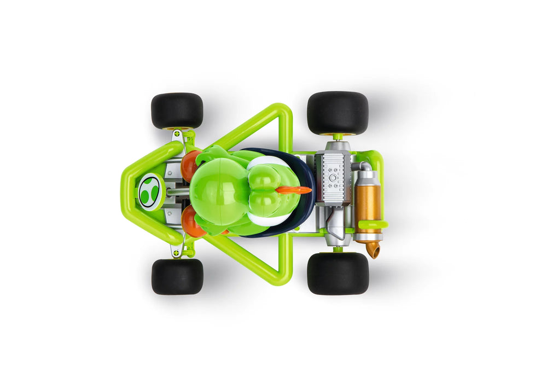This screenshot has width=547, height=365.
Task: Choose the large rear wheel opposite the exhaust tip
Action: click(x=337, y=112)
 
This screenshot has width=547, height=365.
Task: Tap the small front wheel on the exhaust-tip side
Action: click(x=177, y=276)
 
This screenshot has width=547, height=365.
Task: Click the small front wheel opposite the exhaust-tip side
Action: click(x=177, y=111)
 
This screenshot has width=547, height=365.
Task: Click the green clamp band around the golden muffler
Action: click(x=373, y=224)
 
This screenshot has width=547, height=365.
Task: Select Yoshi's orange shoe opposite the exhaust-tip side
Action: click(x=191, y=165)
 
